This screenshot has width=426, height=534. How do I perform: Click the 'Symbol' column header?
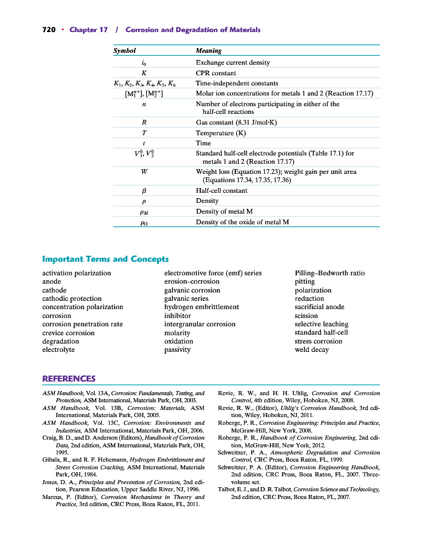point(124,51)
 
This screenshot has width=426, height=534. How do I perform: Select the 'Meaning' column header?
point(209,51)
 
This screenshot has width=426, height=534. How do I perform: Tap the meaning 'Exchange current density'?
point(233,62)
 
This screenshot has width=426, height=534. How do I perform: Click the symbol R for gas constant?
point(145,123)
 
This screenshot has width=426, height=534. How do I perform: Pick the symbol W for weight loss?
point(145,172)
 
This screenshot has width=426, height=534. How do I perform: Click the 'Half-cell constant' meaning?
point(222,190)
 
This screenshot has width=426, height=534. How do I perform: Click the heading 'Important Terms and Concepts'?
point(105,259)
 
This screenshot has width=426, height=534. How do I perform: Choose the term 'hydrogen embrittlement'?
point(201,307)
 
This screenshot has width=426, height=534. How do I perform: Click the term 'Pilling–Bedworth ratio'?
point(329,273)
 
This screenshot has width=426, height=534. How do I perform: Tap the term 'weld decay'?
point(312,349)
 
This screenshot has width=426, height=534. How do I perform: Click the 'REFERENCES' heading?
point(69,379)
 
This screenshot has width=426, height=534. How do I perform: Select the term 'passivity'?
point(177,349)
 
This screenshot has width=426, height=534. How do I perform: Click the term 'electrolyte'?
point(58,349)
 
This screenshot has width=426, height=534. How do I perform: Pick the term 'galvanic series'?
point(186,298)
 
